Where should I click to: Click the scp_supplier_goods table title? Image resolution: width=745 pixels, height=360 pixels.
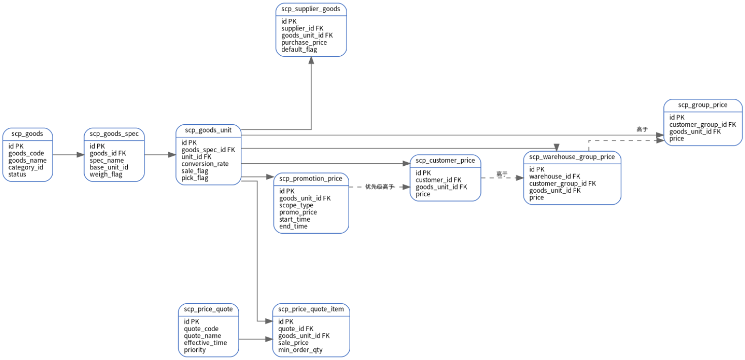coord(311,9)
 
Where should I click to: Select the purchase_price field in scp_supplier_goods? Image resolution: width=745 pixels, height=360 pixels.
coord(304,43)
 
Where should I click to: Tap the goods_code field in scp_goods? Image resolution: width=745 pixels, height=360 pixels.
coord(26,154)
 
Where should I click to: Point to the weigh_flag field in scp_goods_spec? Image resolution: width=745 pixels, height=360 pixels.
coord(106,174)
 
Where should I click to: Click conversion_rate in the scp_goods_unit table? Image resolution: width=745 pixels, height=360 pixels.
coord(205,164)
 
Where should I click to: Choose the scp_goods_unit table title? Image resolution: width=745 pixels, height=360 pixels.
coord(208,130)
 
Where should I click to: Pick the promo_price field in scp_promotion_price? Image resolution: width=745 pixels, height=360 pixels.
coord(298,212)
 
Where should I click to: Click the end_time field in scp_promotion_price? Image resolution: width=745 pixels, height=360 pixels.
coord(293,226)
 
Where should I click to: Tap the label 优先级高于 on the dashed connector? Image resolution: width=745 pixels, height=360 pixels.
coord(380,187)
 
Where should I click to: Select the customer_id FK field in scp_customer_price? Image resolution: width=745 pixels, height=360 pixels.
coord(438,180)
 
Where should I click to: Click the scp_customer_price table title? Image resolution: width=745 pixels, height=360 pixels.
coord(445,160)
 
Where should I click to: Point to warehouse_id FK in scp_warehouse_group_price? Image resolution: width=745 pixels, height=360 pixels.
coord(554,176)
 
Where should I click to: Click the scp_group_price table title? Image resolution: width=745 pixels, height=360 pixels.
coord(703,105)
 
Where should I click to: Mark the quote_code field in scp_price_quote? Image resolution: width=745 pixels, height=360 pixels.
coord(201,329)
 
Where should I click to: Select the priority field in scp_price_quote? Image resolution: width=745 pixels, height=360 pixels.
coord(195,350)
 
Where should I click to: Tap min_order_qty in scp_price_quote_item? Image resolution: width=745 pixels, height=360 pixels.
coord(301,350)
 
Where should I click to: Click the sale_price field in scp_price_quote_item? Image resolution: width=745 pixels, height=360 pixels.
coord(293,343)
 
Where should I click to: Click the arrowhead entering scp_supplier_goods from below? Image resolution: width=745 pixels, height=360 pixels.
coord(311,60)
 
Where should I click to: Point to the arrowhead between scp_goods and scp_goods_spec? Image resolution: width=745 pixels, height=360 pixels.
coord(81,155)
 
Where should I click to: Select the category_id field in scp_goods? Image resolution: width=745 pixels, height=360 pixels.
coord(26,167)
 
